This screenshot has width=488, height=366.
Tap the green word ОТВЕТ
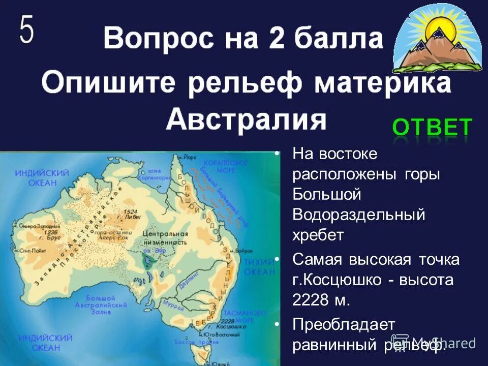[x=432, y=128]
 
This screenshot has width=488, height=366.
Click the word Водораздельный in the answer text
[x=358, y=215]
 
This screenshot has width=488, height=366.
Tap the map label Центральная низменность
[x=165, y=237]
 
